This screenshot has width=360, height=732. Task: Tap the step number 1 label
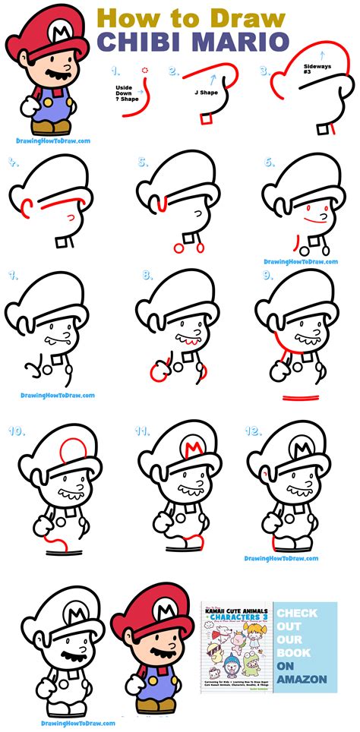(115, 72)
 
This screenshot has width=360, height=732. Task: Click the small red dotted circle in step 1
(146, 71)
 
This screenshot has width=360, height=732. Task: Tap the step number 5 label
(142, 162)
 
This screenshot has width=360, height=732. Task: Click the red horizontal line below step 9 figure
(302, 397)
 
